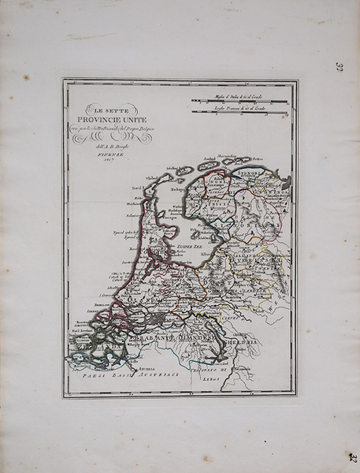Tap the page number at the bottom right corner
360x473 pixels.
352,457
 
